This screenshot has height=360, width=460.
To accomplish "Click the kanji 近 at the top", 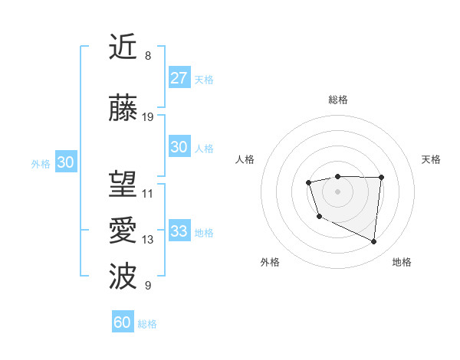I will (123, 47).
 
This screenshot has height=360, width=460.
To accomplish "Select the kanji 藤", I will (123, 108).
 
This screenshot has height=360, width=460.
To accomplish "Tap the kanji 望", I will (123, 185).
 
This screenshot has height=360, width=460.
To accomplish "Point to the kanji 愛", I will (123, 231).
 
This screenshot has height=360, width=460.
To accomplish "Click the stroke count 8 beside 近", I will (147, 56).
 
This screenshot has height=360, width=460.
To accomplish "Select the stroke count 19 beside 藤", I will (148, 117).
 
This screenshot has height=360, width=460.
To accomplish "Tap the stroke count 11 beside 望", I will (148, 194).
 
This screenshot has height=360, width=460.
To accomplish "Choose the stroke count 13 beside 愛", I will (148, 240).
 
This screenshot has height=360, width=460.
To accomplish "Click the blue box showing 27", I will (179, 78).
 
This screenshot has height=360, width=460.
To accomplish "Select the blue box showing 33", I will (179, 231).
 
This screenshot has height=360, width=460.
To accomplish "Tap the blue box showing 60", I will (123, 322).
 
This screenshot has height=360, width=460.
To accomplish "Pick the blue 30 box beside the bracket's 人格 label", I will (179, 147).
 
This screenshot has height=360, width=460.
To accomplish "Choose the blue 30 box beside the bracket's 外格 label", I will (65, 162).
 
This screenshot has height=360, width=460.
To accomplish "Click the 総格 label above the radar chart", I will (338, 100).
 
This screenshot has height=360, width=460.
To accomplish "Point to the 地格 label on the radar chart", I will (402, 263).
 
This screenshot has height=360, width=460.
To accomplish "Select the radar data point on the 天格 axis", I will (382, 178).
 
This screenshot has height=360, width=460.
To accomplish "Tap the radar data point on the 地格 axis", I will (374, 242).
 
